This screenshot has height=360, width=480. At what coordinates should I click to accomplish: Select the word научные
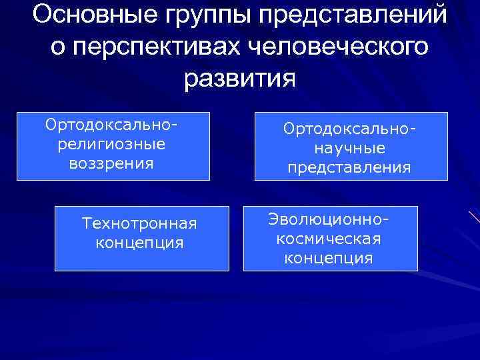click(x=349, y=147)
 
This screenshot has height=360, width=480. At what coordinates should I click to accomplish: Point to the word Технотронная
click(x=139, y=222)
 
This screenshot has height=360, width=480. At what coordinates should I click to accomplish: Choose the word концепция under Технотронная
click(x=139, y=241)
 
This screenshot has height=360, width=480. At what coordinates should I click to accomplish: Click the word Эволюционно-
click(x=329, y=219)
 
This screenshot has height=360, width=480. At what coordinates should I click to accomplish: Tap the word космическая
click(x=329, y=238)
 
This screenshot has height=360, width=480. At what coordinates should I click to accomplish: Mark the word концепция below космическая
click(x=329, y=257)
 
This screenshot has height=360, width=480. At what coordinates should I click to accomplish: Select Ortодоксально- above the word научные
click(x=349, y=128)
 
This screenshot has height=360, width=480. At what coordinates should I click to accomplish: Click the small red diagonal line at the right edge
click(x=474, y=217)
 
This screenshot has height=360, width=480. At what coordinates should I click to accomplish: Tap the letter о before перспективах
click(x=57, y=49)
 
